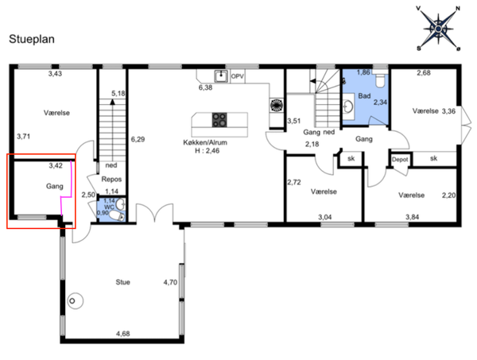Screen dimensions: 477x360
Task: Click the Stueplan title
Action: (32, 39)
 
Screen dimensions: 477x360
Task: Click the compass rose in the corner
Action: (438, 29)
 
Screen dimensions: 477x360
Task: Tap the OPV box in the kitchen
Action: (237, 76)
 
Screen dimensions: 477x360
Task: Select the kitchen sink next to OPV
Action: (221, 76)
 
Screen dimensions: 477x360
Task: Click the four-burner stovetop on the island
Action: (219, 120)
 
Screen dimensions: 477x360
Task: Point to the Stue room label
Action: (123, 282)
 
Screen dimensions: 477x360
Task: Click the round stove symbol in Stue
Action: (75, 301)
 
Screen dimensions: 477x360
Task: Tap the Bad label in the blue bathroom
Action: (364, 96)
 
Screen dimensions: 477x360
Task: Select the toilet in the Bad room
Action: (380, 80)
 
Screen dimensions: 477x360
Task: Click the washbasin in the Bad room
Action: (348, 106)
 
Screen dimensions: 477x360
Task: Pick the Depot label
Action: (400, 160)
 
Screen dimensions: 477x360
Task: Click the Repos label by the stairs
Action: (111, 180)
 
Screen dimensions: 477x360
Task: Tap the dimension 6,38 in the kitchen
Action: (205, 87)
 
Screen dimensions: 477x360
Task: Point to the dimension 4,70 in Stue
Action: (170, 282)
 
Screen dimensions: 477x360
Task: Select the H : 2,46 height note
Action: (207, 151)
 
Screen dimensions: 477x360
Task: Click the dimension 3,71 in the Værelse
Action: (23, 137)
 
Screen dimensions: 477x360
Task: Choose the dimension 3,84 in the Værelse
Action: (412, 217)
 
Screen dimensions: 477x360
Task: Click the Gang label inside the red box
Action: (55, 187)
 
